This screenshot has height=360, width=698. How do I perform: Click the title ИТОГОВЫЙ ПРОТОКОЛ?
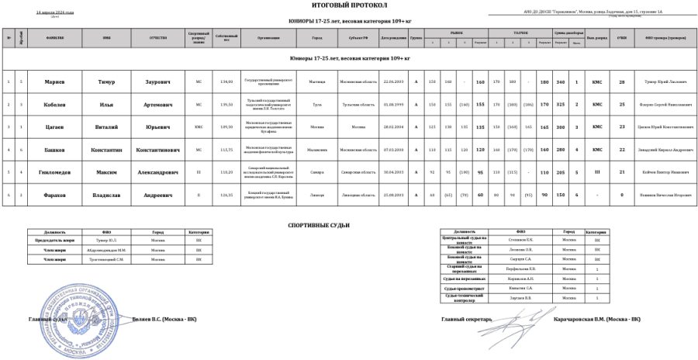(348, 6)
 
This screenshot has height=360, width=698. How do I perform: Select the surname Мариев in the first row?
(54, 81)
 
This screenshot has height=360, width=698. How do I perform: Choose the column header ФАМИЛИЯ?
(54, 37)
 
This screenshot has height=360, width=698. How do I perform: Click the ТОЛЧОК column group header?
(521, 33)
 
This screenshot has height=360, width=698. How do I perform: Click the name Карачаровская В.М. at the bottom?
(597, 319)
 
